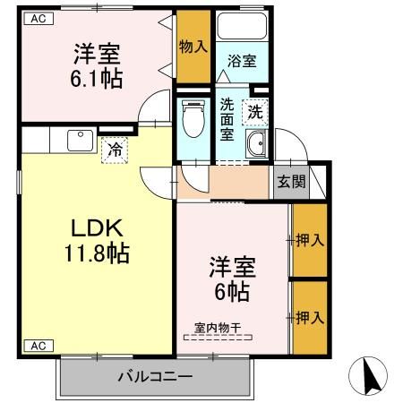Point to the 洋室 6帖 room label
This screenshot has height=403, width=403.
232,278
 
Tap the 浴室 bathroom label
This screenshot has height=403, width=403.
241,62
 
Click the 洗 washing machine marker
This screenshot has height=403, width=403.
255,112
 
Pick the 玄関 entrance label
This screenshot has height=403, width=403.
290,181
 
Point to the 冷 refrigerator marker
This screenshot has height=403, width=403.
115,151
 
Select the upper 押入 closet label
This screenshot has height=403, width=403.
309,240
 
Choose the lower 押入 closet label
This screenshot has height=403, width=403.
309,317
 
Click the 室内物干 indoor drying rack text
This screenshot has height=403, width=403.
219,327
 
